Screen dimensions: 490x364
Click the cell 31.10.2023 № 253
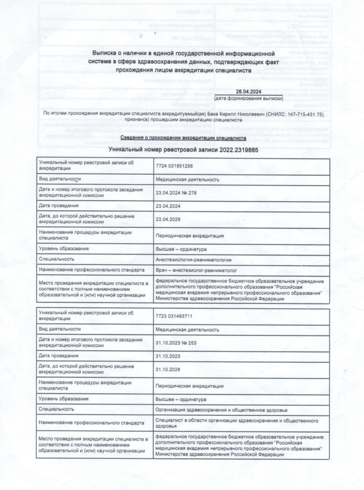point(176,343)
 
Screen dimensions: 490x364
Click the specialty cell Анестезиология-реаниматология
point(194,260)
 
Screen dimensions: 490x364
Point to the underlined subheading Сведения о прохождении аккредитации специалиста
point(182,138)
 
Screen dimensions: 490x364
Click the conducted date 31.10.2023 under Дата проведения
point(169,356)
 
